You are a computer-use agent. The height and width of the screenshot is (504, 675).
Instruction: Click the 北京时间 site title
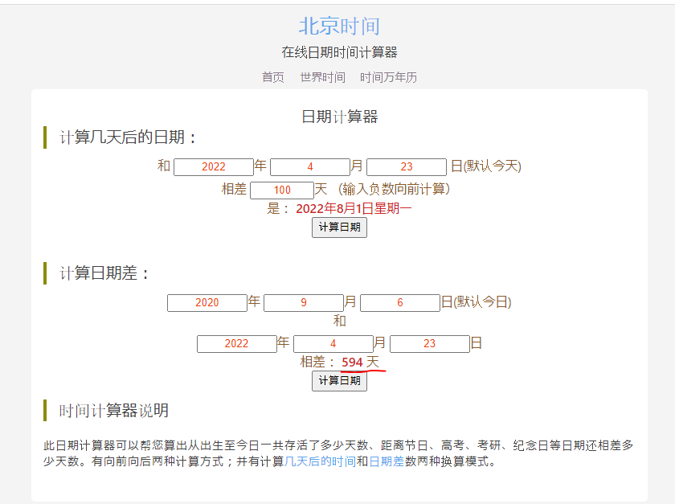pyautogui.click(x=339, y=26)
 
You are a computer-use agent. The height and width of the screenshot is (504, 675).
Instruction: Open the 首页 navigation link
pyautogui.click(x=273, y=77)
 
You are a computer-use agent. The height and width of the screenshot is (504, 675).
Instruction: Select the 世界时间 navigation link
pyautogui.click(x=323, y=77)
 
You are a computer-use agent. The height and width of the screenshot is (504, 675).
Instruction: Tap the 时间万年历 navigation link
pyautogui.click(x=388, y=77)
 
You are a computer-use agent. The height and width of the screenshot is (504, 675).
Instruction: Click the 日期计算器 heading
pyautogui.click(x=339, y=117)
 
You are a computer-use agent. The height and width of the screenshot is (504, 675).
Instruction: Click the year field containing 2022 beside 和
pyautogui.click(x=214, y=167)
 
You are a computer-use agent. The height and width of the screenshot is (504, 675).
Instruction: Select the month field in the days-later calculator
pyautogui.click(x=310, y=167)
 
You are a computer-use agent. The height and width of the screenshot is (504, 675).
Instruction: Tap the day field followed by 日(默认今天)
pyautogui.click(x=407, y=167)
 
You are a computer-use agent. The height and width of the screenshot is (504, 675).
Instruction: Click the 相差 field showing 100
pyautogui.click(x=282, y=191)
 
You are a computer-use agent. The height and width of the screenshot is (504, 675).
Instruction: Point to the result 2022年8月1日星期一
pyautogui.click(x=354, y=208)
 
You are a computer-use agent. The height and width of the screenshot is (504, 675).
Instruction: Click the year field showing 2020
pyautogui.click(x=207, y=303)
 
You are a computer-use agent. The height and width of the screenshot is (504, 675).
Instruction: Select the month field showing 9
pyautogui.click(x=304, y=303)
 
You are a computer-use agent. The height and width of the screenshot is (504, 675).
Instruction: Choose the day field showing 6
pyautogui.click(x=400, y=303)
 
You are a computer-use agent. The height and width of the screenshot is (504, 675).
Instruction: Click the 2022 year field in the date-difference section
pyautogui.click(x=237, y=344)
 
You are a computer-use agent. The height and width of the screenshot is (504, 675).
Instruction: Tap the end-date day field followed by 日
pyautogui.click(x=429, y=344)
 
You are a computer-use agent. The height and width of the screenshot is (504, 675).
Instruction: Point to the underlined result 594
pyautogui.click(x=352, y=363)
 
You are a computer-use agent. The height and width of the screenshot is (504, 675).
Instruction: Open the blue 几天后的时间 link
pyautogui.click(x=320, y=462)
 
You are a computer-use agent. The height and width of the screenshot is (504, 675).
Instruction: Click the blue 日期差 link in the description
pyautogui.click(x=387, y=462)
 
